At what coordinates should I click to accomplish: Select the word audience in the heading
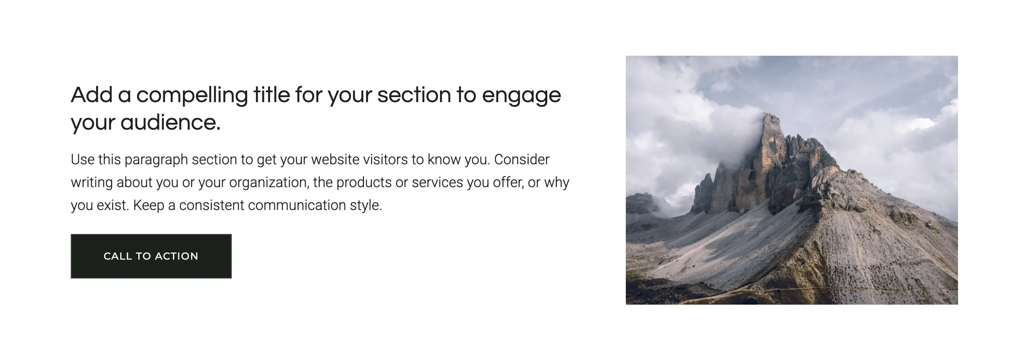(170, 122)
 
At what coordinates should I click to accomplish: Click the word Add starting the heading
(91, 95)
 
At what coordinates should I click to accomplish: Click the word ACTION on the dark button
(176, 256)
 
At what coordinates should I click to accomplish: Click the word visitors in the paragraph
(385, 159)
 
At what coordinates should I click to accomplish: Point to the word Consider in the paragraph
(522, 159)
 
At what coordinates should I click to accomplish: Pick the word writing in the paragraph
(92, 183)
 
